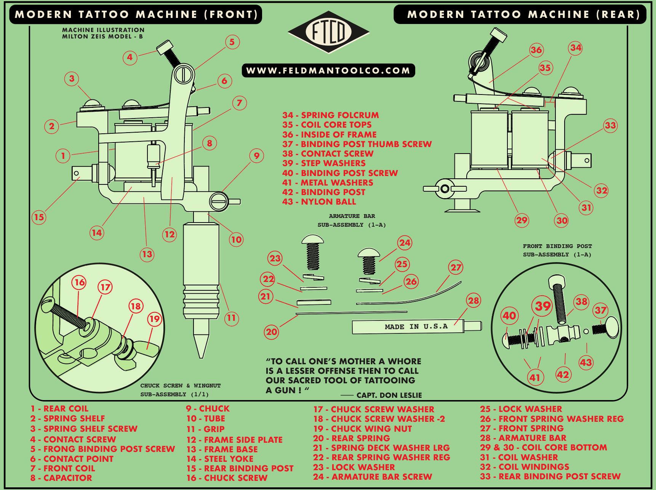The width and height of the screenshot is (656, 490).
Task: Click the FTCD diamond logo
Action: (328, 32)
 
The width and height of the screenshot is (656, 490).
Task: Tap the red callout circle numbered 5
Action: (232, 42)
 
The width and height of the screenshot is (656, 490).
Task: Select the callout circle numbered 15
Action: (39, 217)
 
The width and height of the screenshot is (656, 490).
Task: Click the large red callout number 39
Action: (542, 306)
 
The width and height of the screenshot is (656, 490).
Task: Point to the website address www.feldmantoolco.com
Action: (328, 70)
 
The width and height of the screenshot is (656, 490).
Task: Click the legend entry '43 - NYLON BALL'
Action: (319, 202)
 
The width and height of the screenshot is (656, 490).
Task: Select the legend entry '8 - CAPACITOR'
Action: (61, 478)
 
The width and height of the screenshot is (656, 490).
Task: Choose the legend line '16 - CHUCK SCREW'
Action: (227, 478)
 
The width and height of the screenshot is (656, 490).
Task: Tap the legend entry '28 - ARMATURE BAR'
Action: (523, 438)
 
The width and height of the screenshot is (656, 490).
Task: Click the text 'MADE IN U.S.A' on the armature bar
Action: (416, 327)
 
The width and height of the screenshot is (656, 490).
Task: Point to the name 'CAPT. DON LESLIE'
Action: (389, 395)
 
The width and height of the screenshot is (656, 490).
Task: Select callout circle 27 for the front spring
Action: (456, 267)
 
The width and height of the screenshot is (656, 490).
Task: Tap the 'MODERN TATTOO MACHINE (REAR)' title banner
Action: (520, 14)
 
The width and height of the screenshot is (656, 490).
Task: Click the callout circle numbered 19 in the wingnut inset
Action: (154, 319)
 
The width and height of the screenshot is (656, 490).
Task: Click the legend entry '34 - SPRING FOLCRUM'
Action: (330, 115)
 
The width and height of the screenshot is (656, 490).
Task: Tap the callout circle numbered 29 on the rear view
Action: (522, 220)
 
